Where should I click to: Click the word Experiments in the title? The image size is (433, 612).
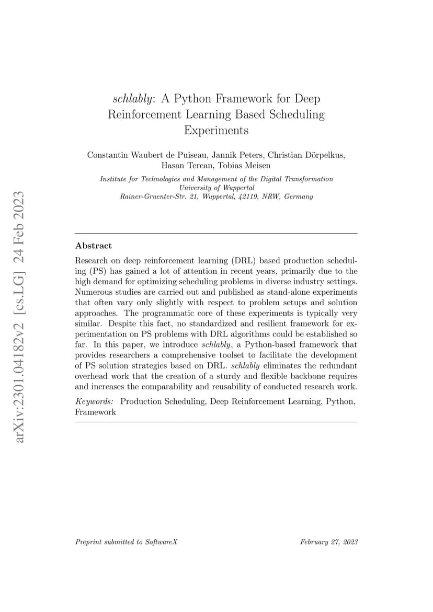(x=216, y=130)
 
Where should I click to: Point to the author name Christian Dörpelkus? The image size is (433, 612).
(x=306, y=155)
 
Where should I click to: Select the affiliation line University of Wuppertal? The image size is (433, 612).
(x=216, y=188)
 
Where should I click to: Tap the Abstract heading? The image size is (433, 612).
(x=94, y=246)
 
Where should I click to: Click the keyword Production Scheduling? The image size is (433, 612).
(x=163, y=401)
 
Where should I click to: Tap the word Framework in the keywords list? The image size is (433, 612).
(x=96, y=412)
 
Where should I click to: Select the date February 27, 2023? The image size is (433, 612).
(x=329, y=542)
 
